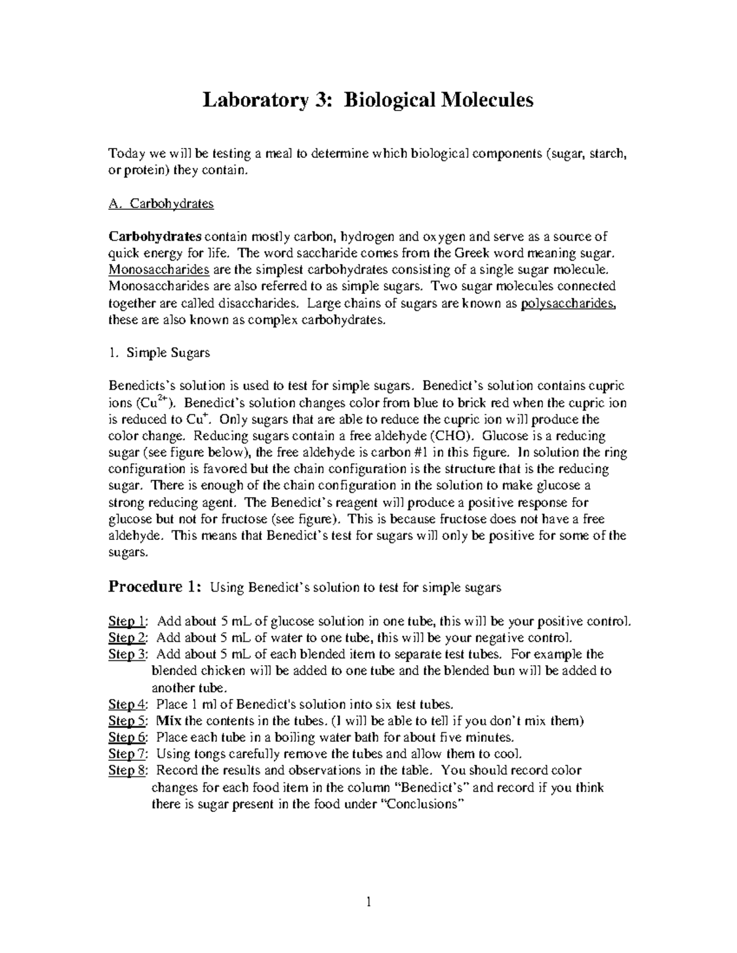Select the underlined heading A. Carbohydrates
(161, 204)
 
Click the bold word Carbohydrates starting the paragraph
(155, 237)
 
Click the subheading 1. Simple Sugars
(159, 353)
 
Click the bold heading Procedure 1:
(154, 587)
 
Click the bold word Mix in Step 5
(169, 720)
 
